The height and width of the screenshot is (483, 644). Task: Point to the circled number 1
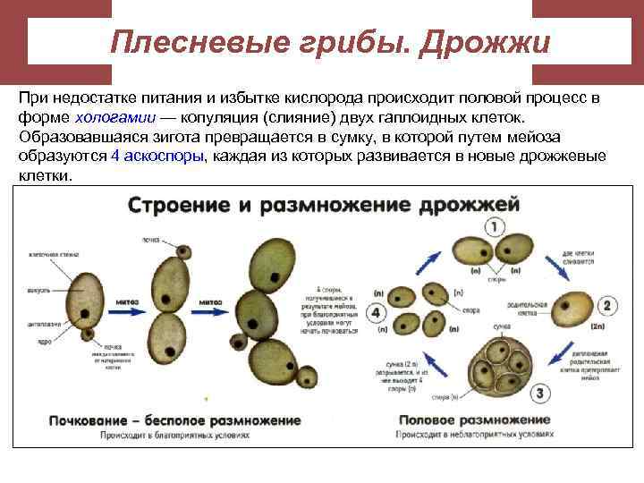pyautogui.click(x=493, y=227)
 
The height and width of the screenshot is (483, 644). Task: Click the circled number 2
pyautogui.click(x=607, y=305)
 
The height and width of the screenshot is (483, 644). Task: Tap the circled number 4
pyautogui.click(x=377, y=312)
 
